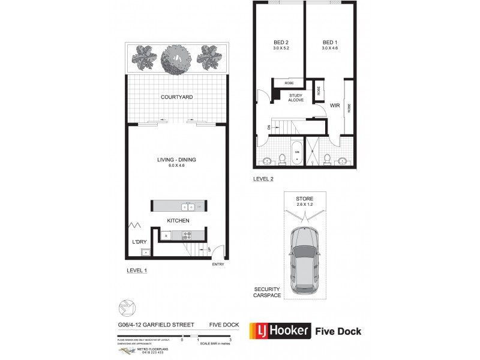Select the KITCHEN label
click(179, 221)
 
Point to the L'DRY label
click(140, 242)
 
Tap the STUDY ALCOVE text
click(295, 97)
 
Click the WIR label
click(335, 106)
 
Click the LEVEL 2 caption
click(264, 179)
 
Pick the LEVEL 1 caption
click(137, 271)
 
